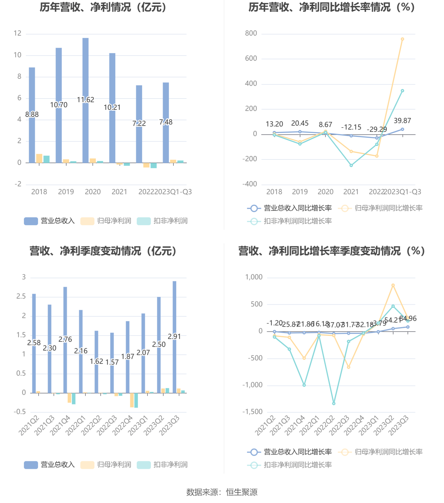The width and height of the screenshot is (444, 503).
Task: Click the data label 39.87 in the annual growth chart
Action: [402, 121]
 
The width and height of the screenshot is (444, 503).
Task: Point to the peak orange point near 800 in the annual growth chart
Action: [402, 39]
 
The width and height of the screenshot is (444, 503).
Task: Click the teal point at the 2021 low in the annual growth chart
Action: [351, 165]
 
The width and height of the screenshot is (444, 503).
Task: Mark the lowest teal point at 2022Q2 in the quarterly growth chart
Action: [334, 403]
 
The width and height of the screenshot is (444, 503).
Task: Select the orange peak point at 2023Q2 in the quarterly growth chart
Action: [393, 285]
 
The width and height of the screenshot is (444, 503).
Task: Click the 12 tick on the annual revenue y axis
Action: [17, 33]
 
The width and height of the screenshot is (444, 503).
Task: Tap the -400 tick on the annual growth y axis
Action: [250, 184]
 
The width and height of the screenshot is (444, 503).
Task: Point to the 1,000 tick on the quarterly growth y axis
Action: [254, 277]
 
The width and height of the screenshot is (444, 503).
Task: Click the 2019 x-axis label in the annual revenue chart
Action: [66, 192]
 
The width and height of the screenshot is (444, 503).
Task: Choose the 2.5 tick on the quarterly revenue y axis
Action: [21, 296]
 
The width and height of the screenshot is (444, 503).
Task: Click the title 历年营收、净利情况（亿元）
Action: [103, 7]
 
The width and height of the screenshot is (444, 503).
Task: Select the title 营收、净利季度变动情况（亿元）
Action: [103, 251]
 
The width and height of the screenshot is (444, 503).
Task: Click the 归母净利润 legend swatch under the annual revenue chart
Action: [87, 221]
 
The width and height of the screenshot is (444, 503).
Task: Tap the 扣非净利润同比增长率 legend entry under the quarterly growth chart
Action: [298, 465]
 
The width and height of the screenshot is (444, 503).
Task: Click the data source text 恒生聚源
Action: [242, 492]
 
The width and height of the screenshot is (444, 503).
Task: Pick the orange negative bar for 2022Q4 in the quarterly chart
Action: [132, 400]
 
